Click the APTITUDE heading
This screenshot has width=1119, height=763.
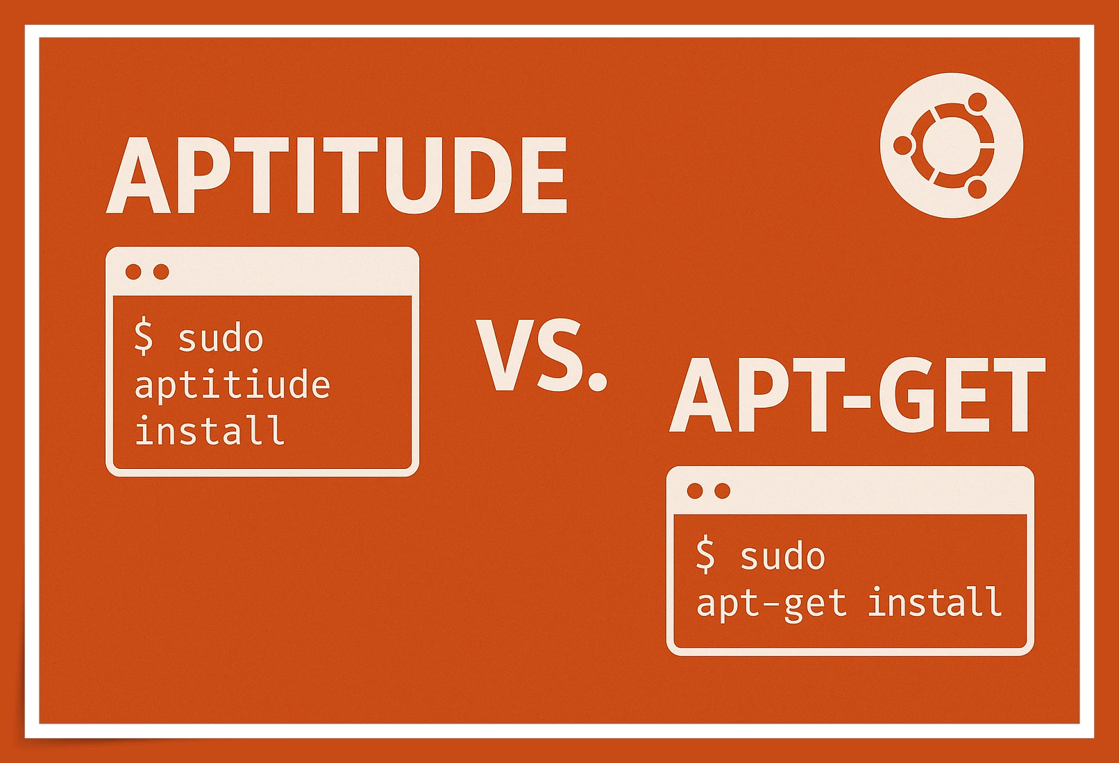[337, 176]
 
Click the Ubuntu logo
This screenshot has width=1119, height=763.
[951, 145]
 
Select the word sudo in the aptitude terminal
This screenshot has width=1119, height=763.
[221, 339]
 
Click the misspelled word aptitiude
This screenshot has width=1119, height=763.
[232, 385]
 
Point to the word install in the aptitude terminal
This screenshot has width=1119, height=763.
[210, 431]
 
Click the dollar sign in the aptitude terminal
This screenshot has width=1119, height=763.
[144, 336]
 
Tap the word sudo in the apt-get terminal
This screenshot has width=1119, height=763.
[782, 557]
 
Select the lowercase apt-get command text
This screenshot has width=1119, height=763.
[771, 603]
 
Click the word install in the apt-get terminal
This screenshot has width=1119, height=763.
[935, 602]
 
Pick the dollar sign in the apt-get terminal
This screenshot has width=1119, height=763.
[705, 555]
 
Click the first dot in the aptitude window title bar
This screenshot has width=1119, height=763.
[134, 272]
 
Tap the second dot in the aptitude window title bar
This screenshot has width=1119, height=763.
[161, 272]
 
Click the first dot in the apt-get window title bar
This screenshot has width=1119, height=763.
[695, 491]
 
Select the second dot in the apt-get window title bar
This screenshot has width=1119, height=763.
[723, 491]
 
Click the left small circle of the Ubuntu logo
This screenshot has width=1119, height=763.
[903, 146]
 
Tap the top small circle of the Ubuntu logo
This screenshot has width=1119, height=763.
[977, 102]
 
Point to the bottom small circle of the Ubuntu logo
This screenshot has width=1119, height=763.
[977, 189]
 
